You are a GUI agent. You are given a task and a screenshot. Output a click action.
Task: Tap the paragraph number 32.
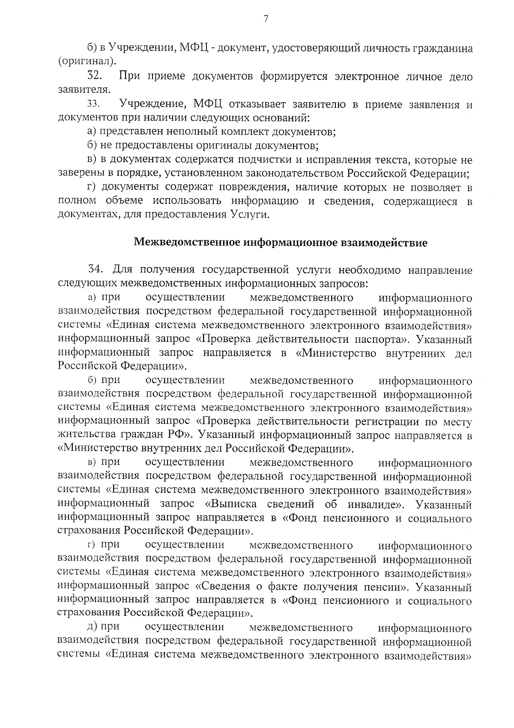[x=94, y=76]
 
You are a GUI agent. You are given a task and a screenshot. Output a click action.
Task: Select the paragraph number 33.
[x=93, y=105]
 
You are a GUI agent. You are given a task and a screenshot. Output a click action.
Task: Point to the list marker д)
[x=91, y=627]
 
